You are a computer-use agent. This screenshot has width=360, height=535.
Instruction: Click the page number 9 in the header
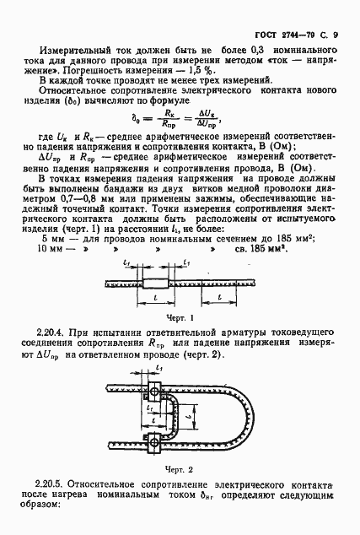coord(336,12)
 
